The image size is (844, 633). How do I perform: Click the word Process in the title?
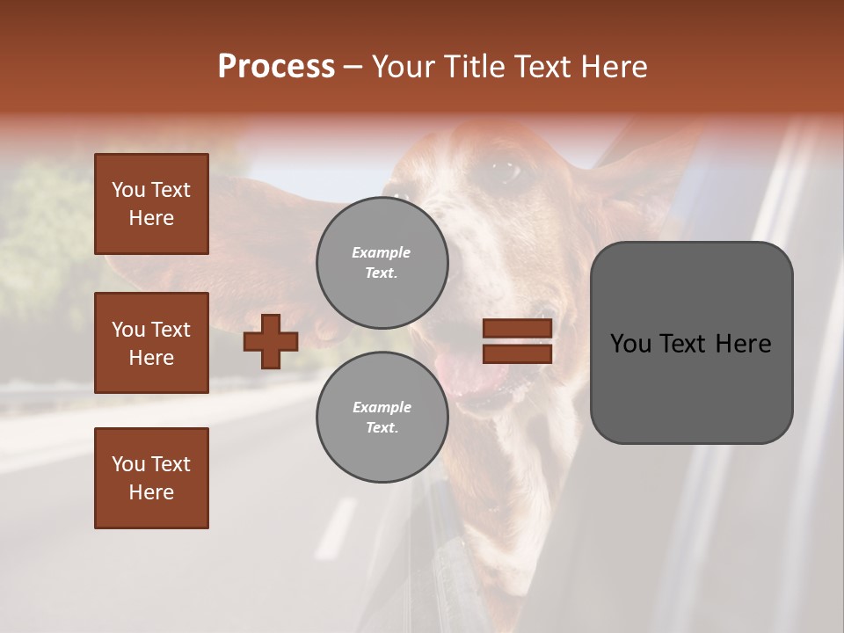coord(276,67)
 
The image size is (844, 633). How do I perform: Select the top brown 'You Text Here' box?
coord(151,204)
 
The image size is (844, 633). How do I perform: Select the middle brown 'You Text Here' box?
coord(151,343)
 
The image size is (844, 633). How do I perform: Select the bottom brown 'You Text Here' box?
coord(151,477)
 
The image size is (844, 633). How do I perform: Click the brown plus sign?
coord(271,341)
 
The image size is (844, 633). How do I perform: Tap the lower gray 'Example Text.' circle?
coord(382,417)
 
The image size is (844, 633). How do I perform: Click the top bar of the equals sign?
coord(517,329)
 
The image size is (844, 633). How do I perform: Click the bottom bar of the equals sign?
coord(517,353)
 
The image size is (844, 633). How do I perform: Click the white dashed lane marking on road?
coord(336,527)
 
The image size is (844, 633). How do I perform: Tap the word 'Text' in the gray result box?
coord(691,344)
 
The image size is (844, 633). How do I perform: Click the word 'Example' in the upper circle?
coord(382,252)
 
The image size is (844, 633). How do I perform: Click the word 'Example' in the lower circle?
coord(382,407)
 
